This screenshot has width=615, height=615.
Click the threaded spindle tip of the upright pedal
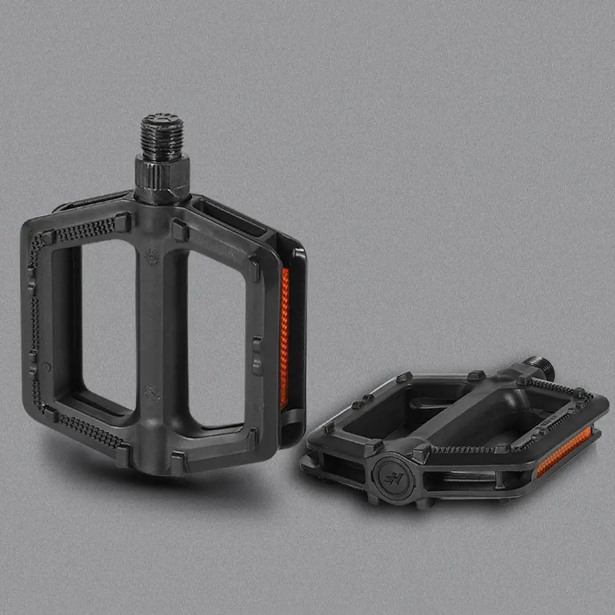point(162,132)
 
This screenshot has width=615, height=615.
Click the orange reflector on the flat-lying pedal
point(564,453)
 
